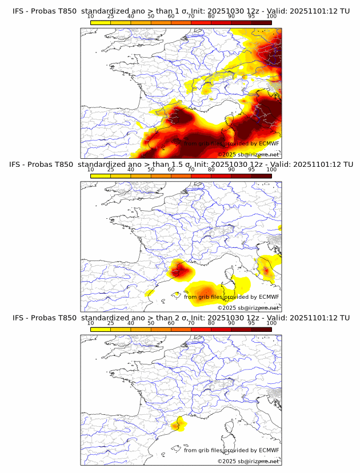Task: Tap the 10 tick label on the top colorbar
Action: click(x=90, y=17)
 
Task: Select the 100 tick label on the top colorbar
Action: click(x=271, y=17)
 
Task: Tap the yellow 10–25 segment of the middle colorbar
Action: click(x=101, y=176)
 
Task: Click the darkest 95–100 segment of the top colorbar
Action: click(x=261, y=22)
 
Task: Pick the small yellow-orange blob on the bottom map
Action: click(x=179, y=424)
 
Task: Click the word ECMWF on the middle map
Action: click(x=269, y=297)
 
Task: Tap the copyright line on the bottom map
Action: click(x=248, y=461)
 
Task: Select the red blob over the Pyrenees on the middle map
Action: click(x=178, y=268)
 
